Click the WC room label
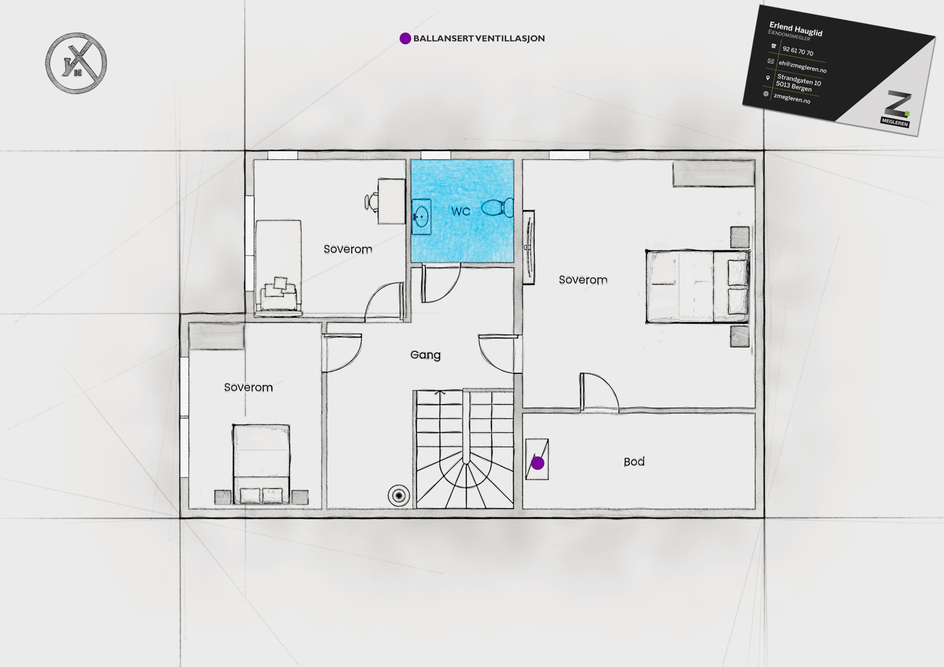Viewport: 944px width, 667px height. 461,211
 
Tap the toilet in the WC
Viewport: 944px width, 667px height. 497,208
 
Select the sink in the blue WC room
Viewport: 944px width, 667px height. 421,216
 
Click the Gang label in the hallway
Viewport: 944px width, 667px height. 425,355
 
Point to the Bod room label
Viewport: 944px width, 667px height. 634,462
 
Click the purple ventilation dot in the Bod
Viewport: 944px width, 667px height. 537,464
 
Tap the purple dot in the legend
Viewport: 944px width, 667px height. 405,38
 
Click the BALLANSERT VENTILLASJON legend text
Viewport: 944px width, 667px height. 478,38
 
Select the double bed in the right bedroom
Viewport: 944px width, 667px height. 697,287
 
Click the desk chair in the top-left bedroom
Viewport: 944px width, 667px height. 371,202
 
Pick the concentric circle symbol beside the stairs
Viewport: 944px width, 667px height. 399,495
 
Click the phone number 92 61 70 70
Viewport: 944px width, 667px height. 798,51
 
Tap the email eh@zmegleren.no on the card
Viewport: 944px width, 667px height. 802,66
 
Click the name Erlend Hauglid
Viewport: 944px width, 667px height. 796,29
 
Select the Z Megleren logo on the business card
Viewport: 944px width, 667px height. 896,109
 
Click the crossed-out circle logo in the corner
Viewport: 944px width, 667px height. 76,63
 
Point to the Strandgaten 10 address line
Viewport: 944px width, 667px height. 799,79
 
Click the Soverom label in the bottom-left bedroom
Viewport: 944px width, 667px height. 248,387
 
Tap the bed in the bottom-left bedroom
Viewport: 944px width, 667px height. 261,464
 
